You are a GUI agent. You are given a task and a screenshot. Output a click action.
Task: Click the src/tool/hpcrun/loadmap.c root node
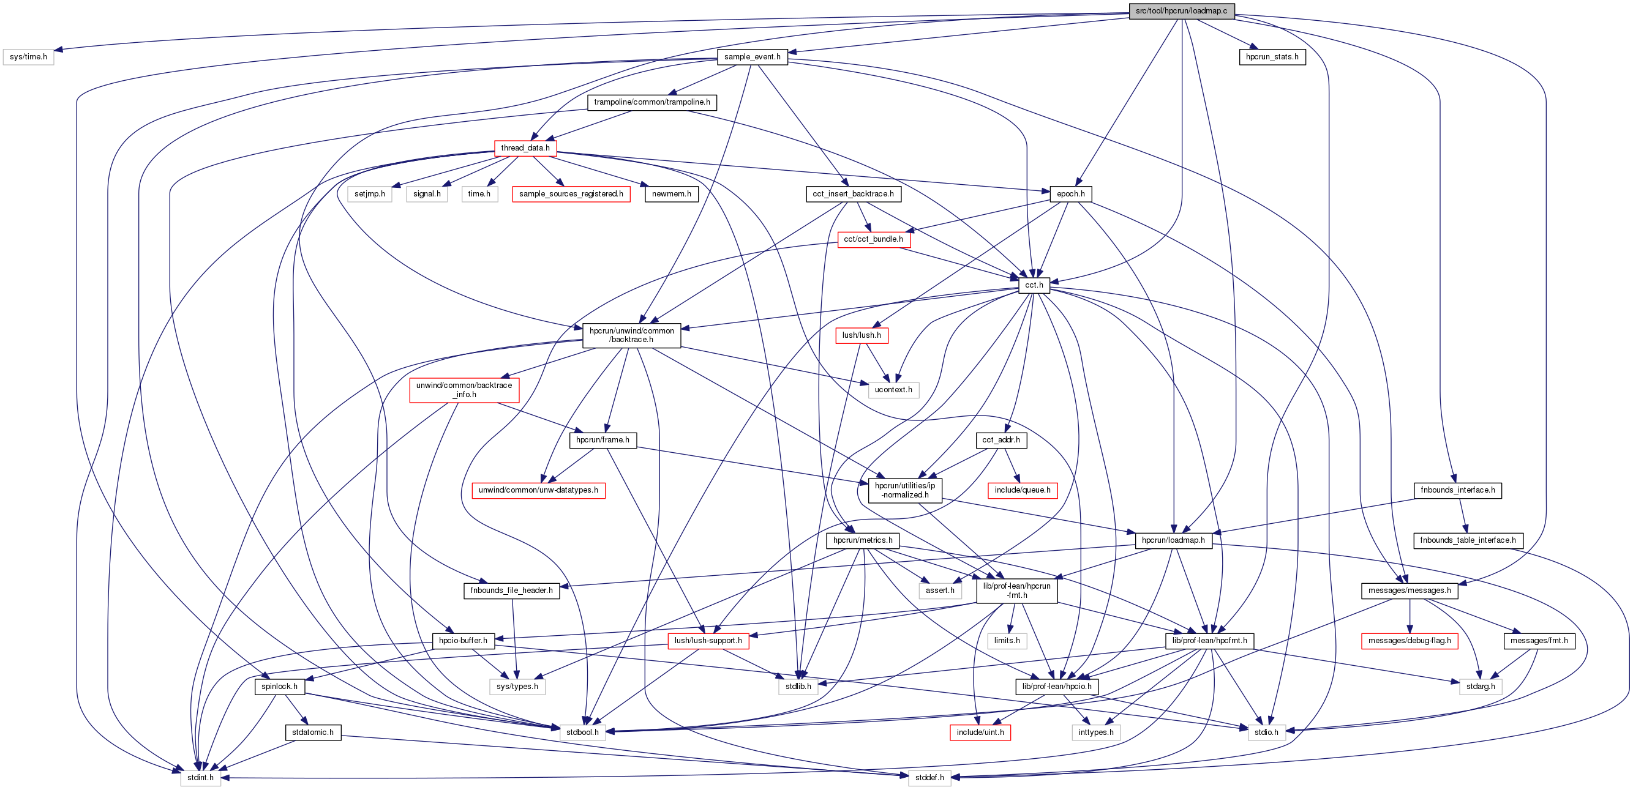pos(1182,11)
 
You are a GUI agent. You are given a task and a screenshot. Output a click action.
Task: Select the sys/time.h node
pos(29,57)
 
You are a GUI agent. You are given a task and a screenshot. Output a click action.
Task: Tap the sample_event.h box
pos(753,57)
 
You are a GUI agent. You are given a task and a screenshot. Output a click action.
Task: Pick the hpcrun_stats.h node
pos(1272,57)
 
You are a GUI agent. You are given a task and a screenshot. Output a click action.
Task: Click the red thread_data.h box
pos(525,148)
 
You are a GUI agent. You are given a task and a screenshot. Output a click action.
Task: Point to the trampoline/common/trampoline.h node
pos(651,103)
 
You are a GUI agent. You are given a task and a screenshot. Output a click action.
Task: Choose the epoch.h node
pos(1071,194)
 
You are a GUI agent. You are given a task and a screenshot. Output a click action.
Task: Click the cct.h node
pos(1034,285)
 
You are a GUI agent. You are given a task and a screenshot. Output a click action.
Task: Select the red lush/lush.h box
pos(862,335)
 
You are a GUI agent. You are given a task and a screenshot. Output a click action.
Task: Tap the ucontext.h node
pos(893,390)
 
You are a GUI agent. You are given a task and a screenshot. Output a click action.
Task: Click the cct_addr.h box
pos(1001,439)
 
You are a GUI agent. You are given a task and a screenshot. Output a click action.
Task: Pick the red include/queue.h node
pos(1022,490)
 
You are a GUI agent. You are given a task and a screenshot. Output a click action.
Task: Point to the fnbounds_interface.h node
pos(1457,490)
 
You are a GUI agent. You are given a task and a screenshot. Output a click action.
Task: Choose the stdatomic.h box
pos(312,732)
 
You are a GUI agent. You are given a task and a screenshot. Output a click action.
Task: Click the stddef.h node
pos(929,777)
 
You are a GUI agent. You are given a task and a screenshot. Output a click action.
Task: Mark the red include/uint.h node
pos(980,732)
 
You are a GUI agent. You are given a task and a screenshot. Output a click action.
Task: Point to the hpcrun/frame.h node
pos(603,439)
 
